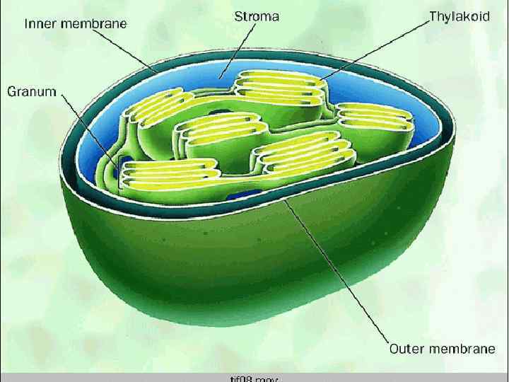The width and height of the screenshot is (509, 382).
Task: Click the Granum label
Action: coord(31,92)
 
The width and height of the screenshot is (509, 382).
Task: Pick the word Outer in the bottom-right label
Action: coord(409,348)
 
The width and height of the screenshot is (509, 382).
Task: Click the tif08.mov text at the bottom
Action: coord(255,379)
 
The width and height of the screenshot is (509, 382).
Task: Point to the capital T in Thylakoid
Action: coord(433,16)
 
